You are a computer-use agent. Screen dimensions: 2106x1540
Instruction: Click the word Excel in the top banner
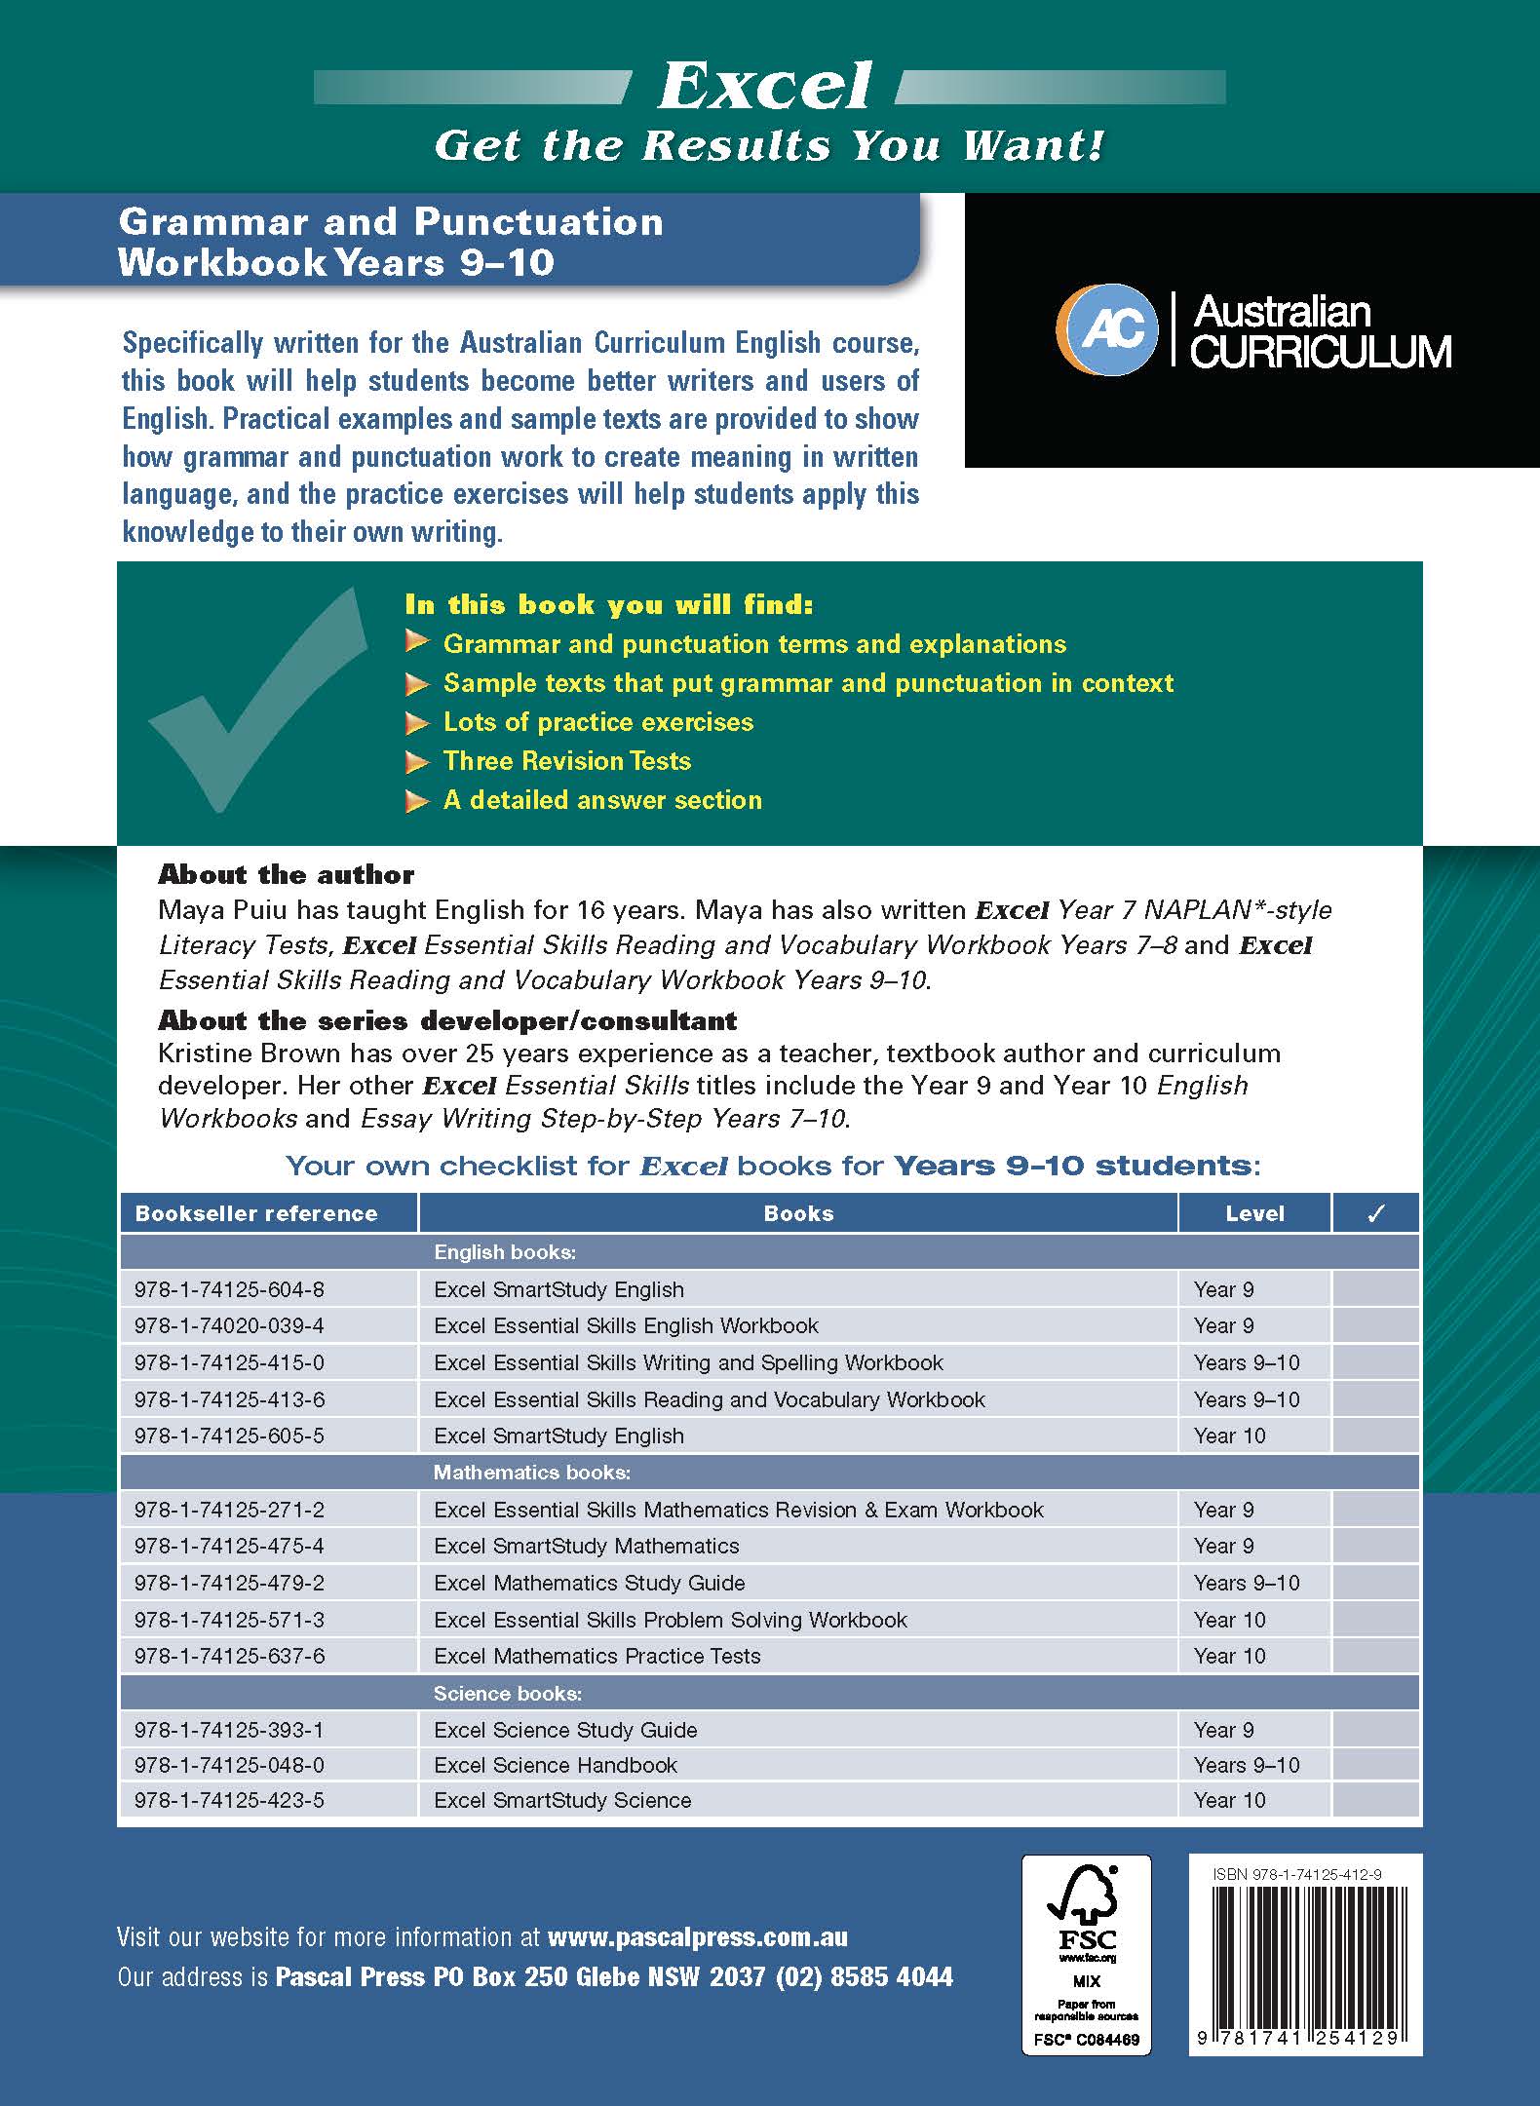(765, 88)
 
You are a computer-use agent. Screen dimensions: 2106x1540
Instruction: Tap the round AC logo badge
(1108, 330)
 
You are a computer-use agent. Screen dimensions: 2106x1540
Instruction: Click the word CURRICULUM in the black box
(1321, 352)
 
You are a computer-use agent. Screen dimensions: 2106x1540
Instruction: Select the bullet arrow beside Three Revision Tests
(417, 762)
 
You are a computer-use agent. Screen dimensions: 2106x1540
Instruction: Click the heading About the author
(286, 874)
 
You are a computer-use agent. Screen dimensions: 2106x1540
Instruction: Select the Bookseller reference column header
(256, 1213)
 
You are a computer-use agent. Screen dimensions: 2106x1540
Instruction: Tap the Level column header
(1254, 1213)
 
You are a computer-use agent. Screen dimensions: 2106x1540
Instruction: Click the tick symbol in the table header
(1375, 1213)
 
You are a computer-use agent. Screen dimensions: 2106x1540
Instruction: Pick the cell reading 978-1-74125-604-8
(230, 1289)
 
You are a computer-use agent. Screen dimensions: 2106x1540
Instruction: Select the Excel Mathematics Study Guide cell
(590, 1583)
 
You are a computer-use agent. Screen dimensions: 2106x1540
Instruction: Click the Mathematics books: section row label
(532, 1473)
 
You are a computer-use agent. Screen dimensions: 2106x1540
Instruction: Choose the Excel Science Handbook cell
(556, 1765)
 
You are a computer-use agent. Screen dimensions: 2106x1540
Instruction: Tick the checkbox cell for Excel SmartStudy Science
(1375, 1800)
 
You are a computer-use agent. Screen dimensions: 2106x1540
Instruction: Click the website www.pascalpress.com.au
(698, 1937)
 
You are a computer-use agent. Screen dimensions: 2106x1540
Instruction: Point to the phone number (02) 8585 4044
(865, 1977)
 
